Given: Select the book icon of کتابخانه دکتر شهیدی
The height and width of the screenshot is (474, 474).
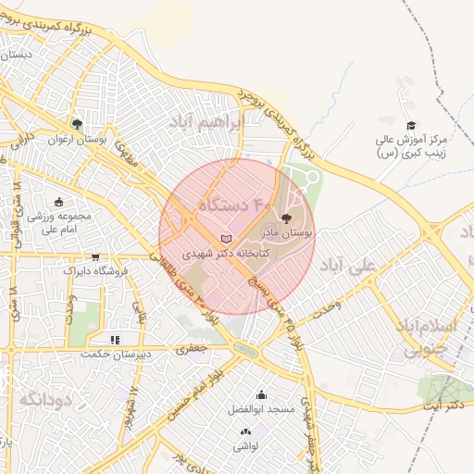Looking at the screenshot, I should (226, 239).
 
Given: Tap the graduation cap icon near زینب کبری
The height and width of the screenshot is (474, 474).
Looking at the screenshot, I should (411, 126).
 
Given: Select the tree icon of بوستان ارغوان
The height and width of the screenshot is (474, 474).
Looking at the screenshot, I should (77, 124).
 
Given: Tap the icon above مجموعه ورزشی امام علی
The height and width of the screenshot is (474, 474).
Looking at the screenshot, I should (58, 203).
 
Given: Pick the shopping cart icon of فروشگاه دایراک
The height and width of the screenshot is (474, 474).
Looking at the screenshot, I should (95, 257).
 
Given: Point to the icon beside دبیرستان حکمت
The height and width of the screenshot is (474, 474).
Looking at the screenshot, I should (115, 340).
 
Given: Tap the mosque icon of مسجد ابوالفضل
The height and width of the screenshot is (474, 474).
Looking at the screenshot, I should (261, 394).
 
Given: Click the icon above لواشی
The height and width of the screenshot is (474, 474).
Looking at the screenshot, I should (245, 431).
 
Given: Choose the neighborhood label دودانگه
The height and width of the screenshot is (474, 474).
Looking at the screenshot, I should (44, 400).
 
